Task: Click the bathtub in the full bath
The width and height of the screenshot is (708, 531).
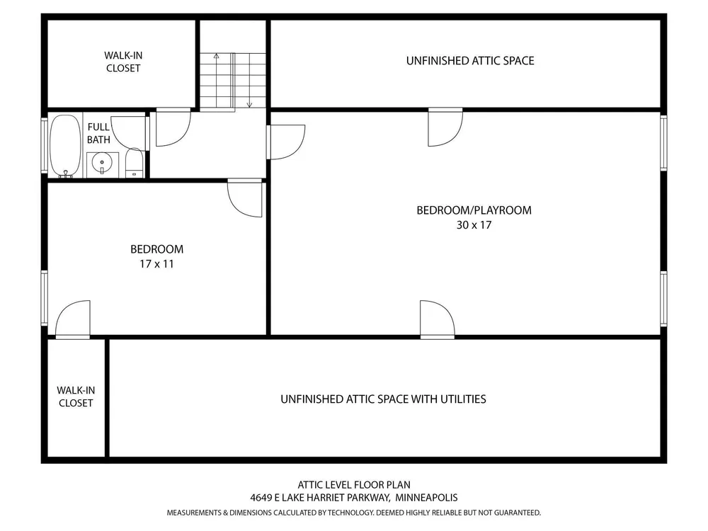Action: (65, 145)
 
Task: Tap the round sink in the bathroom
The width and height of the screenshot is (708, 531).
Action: (102, 163)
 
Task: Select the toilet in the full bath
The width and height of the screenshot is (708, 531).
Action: (134, 163)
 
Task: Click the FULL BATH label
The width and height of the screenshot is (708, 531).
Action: (98, 133)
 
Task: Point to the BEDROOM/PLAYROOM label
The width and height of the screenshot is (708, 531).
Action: (474, 210)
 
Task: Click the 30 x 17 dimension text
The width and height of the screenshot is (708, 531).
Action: (474, 225)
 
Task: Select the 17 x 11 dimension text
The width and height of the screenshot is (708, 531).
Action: (156, 263)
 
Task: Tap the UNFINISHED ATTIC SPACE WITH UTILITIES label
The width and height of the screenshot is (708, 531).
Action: (383, 399)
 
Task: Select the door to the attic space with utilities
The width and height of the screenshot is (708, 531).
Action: (437, 319)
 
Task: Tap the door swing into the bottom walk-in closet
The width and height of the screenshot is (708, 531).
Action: (73, 319)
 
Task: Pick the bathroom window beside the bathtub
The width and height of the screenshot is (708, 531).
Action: (44, 145)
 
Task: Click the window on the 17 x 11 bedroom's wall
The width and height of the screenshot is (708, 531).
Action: (44, 298)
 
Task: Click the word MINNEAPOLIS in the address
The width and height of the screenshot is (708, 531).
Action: (426, 498)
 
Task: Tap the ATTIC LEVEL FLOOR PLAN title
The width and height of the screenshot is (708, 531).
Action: (354, 485)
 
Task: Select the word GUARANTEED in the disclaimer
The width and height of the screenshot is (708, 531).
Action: (517, 513)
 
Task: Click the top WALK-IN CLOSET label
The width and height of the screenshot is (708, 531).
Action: (123, 62)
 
